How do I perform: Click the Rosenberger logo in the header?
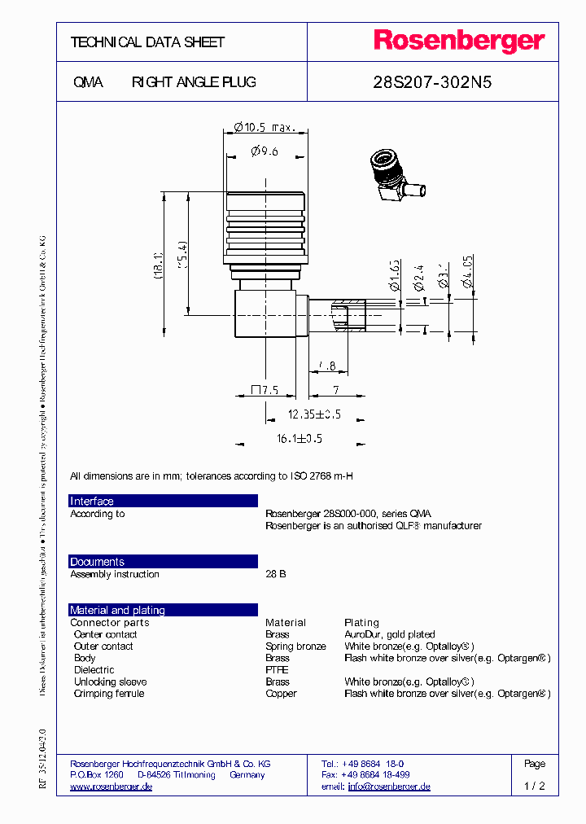(x=459, y=42)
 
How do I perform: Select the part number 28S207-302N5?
(x=432, y=82)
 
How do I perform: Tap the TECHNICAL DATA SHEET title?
(x=147, y=42)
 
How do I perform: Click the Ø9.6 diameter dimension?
(x=265, y=151)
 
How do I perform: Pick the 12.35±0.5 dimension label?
(x=313, y=414)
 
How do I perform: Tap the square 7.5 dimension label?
(x=265, y=391)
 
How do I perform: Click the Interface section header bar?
(x=163, y=501)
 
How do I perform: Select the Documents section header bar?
(x=163, y=562)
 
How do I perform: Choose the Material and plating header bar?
(x=163, y=610)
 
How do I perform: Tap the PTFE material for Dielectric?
(x=277, y=670)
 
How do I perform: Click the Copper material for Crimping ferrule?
(x=281, y=694)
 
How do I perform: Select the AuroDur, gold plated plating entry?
(x=389, y=634)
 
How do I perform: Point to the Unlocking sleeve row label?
(x=110, y=682)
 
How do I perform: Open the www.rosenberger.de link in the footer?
(x=112, y=787)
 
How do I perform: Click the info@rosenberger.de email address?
(x=389, y=787)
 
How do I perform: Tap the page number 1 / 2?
(x=535, y=787)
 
